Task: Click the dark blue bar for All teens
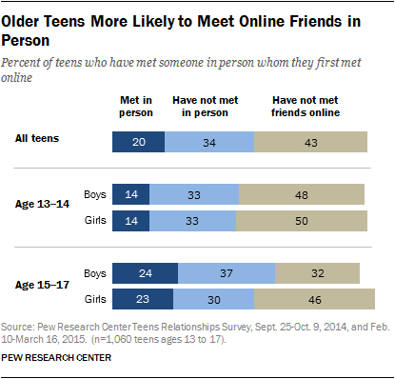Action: (x=138, y=142)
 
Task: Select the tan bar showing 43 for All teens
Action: (x=311, y=142)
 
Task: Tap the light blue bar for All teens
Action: (x=209, y=142)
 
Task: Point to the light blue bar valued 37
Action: (x=223, y=273)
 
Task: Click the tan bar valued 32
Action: (x=316, y=273)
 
